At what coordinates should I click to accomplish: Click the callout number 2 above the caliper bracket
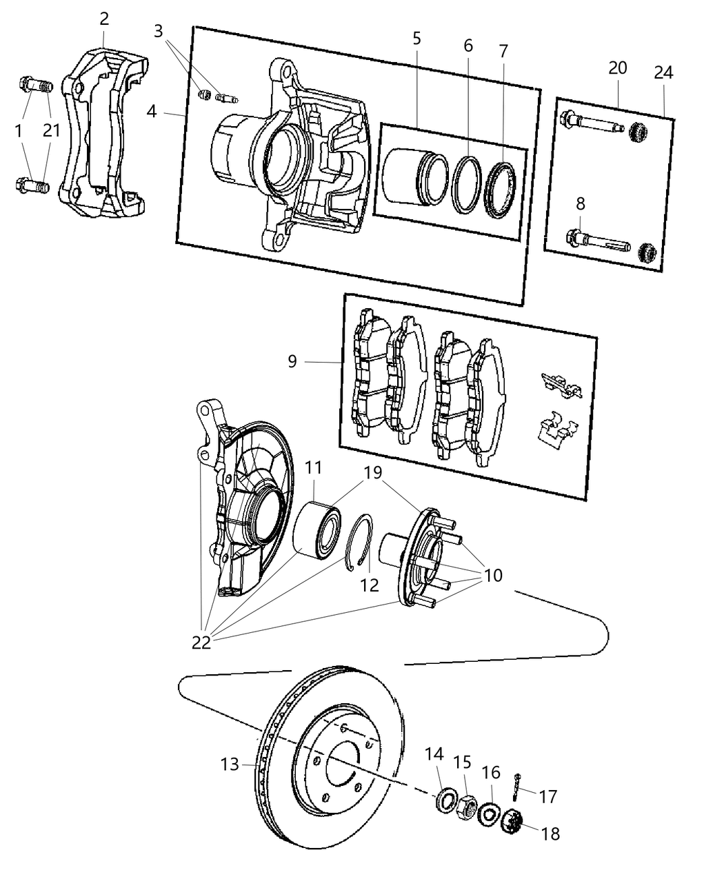pyautogui.click(x=104, y=19)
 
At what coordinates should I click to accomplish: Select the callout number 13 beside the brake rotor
pyautogui.click(x=230, y=764)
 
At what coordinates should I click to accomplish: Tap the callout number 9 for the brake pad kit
pyautogui.click(x=292, y=361)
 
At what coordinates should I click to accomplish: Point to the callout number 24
pyautogui.click(x=663, y=72)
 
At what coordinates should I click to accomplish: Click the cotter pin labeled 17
pyautogui.click(x=516, y=784)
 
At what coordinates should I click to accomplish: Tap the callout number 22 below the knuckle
pyautogui.click(x=202, y=643)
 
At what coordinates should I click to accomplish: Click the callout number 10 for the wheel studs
pyautogui.click(x=493, y=574)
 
